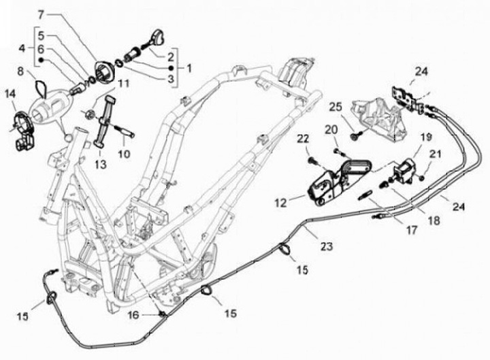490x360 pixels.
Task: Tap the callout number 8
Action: click(x=20, y=70)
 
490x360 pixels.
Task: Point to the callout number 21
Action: click(x=437, y=153)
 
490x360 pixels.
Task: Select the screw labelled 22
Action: click(x=311, y=161)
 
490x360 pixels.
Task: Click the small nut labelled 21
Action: click(x=423, y=177)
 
